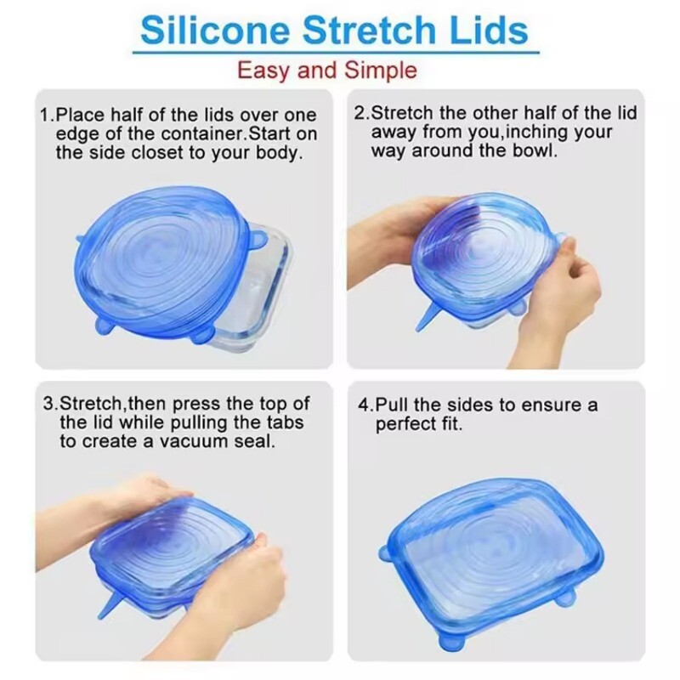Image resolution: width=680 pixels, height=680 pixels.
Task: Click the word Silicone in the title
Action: pos(215,30)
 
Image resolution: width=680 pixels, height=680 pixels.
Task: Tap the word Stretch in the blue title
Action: pos(369,30)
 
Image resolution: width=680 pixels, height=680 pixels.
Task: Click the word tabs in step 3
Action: pos(285,422)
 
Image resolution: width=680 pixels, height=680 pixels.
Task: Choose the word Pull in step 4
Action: pos(392,405)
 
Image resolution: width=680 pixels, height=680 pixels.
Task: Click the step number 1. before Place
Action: pos(48,115)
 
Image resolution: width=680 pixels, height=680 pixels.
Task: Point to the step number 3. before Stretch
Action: pos(51,404)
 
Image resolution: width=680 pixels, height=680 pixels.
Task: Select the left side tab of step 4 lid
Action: pos(386,553)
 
